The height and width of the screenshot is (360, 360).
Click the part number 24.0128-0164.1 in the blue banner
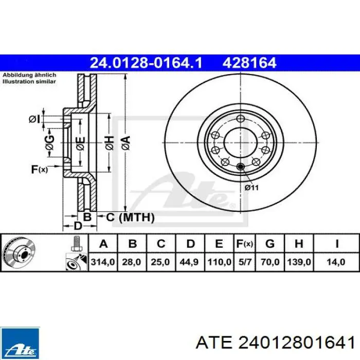click(x=146, y=63)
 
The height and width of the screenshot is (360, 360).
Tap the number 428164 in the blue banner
click(x=249, y=63)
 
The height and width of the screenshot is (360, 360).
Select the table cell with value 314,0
click(x=103, y=262)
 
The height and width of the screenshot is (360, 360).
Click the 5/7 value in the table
click(x=245, y=262)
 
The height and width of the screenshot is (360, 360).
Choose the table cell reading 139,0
click(x=299, y=262)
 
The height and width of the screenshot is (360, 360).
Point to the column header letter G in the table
click(x=270, y=243)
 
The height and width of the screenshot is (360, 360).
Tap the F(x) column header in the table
click(x=245, y=244)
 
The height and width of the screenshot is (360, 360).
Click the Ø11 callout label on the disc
click(x=251, y=188)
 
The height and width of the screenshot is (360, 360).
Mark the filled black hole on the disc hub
click(x=240, y=167)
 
